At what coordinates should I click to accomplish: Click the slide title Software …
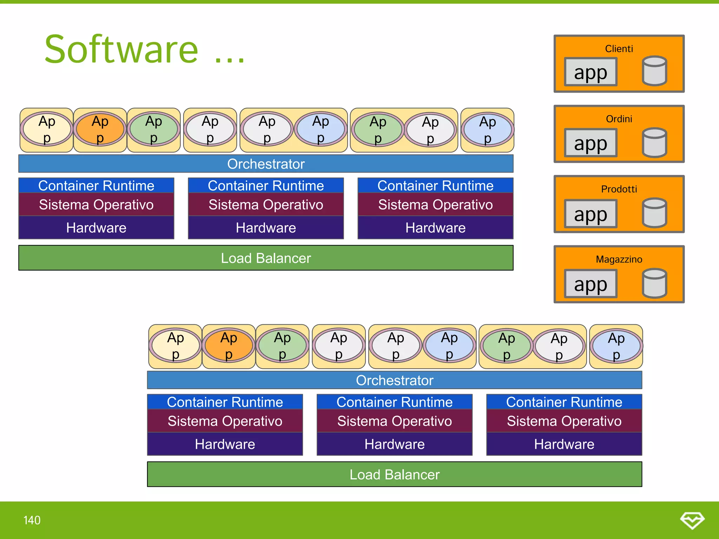click(144, 50)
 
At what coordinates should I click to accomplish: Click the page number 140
click(32, 520)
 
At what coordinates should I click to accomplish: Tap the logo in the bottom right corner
click(692, 520)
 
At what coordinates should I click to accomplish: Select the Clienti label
click(619, 49)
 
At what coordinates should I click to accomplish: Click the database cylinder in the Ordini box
click(654, 142)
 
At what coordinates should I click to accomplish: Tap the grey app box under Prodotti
click(591, 214)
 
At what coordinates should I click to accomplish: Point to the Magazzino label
click(619, 259)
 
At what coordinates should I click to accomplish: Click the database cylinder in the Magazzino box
click(654, 283)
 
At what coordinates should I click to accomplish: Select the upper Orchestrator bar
click(266, 164)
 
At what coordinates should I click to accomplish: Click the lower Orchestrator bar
click(394, 380)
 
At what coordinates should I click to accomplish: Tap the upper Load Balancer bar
click(266, 258)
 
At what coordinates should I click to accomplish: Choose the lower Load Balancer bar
click(394, 474)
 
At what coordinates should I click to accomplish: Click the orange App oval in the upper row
click(100, 129)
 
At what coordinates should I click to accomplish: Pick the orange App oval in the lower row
click(229, 346)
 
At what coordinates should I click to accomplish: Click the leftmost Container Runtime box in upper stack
click(96, 186)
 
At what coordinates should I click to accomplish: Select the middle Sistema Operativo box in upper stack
click(266, 205)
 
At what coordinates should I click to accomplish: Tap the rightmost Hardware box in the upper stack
click(435, 228)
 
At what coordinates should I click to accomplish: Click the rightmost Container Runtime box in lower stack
click(564, 402)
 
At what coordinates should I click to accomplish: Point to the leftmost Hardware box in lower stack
click(225, 444)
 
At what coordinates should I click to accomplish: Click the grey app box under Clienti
click(591, 72)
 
